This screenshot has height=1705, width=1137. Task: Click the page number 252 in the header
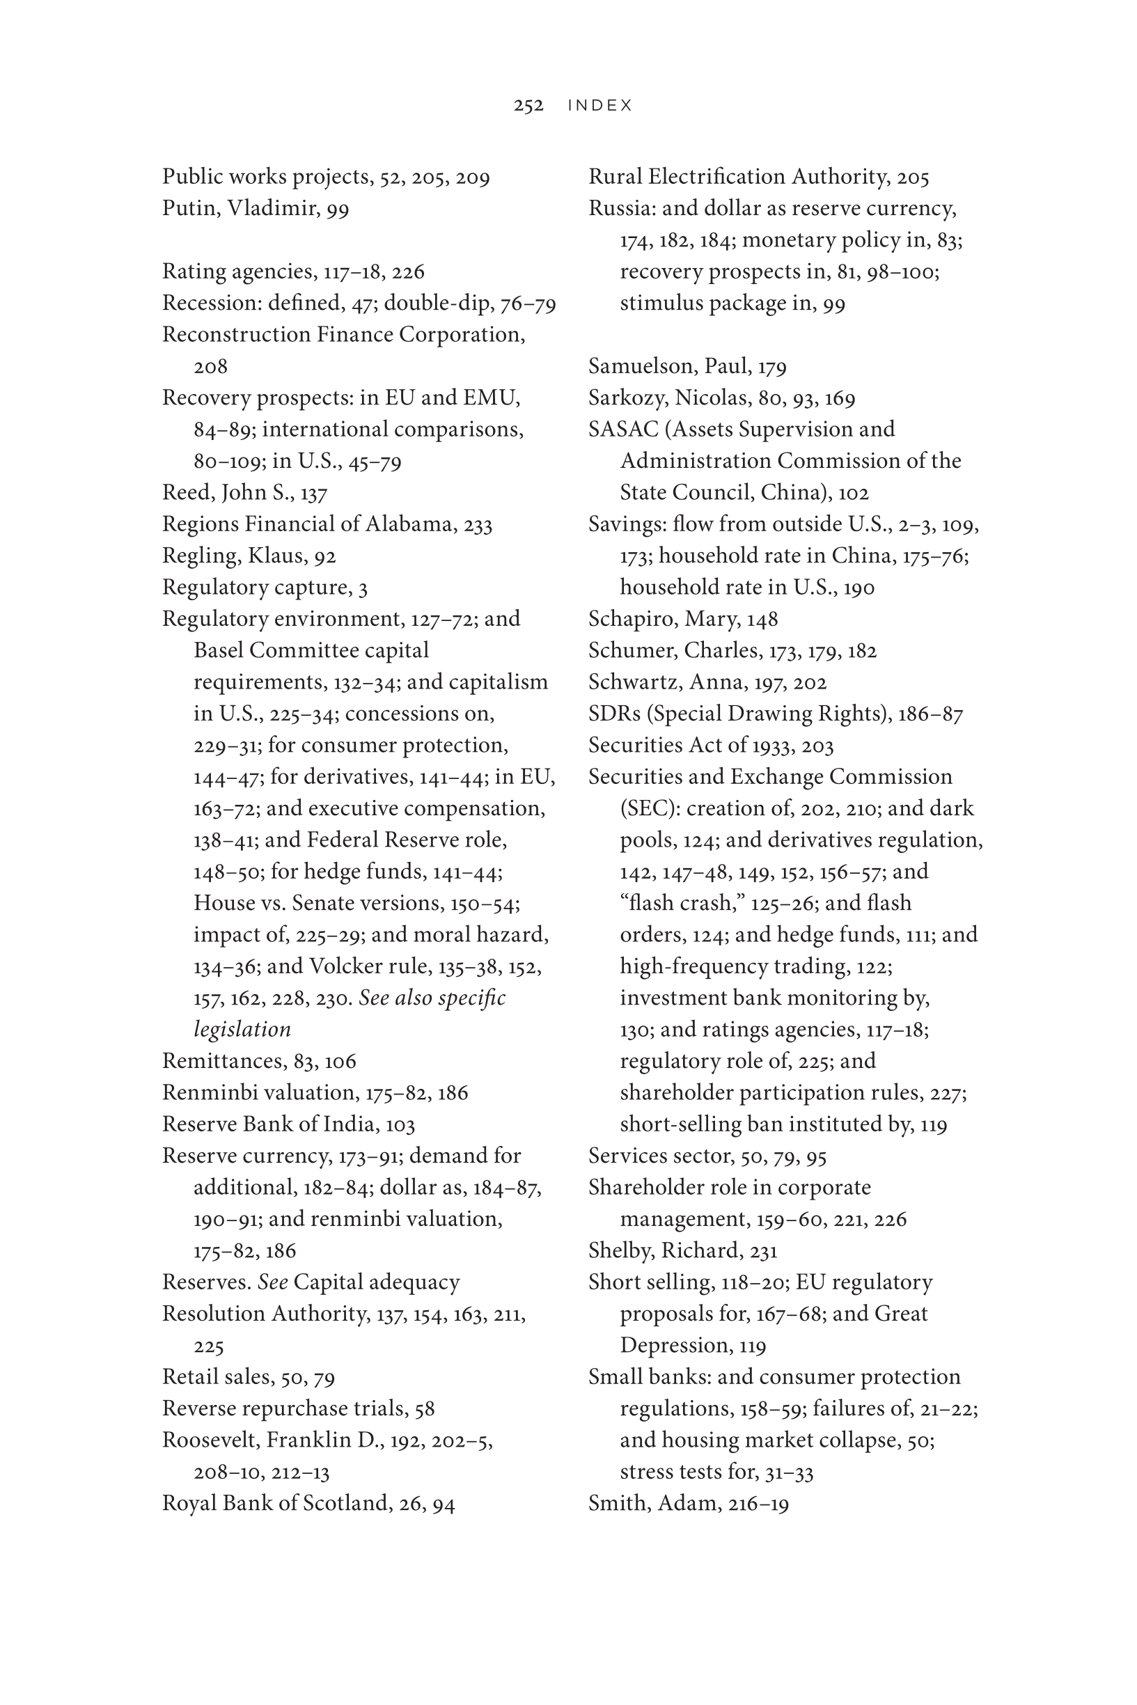point(528,106)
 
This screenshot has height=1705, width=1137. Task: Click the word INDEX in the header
point(600,106)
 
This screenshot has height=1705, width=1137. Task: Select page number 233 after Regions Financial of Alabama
point(478,524)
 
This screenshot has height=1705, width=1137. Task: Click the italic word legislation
point(242,1030)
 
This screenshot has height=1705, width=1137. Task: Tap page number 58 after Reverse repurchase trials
point(424,1408)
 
